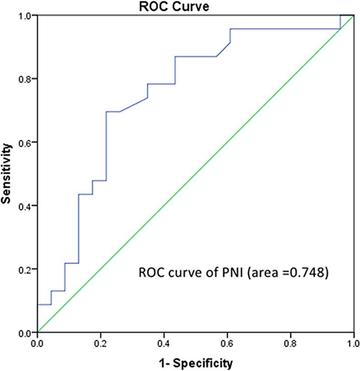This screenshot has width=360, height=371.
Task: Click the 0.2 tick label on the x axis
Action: tap(101, 342)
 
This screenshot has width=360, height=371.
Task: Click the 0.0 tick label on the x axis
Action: tap(38, 342)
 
